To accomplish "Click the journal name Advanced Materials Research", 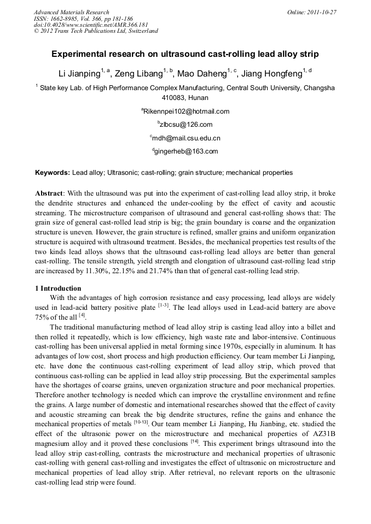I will (x=72, y=12).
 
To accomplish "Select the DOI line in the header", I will (x=91, y=25).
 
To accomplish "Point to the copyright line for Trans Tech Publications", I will (x=96, y=31).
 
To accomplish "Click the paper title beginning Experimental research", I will (x=185, y=55).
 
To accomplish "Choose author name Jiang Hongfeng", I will (x=272, y=74).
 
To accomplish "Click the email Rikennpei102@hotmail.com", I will (x=186, y=111).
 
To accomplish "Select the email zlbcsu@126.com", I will (x=186, y=125).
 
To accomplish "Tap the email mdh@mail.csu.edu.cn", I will (x=186, y=138).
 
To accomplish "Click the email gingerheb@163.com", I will (x=186, y=151).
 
